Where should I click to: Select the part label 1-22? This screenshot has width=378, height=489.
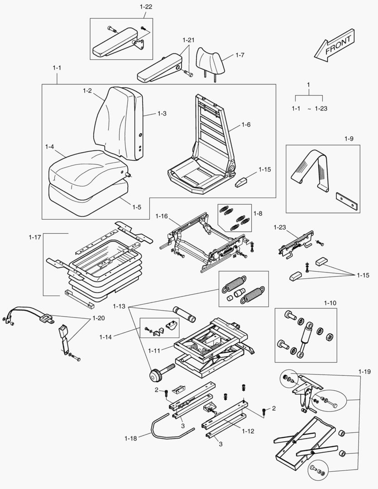[146, 7]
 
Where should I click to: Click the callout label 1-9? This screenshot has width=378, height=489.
[348, 139]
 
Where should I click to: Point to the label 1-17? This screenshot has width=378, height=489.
[35, 237]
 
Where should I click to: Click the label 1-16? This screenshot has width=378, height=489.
[162, 216]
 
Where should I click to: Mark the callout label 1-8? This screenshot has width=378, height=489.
[258, 212]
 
